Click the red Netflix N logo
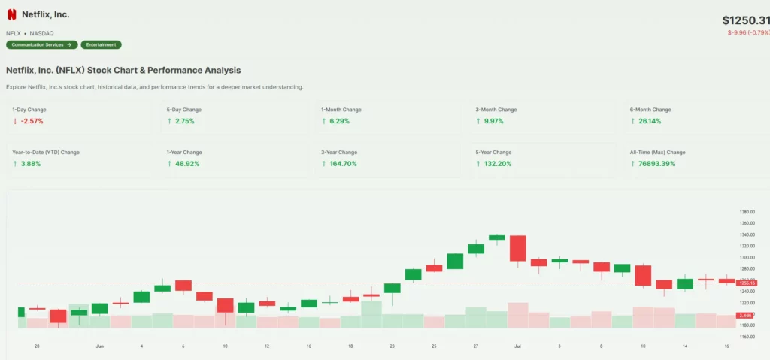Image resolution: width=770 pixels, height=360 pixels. [11, 14]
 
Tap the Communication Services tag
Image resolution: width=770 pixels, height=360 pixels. [41, 44]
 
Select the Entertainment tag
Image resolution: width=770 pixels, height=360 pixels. [101, 44]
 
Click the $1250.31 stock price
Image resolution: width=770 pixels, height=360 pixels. [745, 20]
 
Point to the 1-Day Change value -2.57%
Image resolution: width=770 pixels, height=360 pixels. [33, 121]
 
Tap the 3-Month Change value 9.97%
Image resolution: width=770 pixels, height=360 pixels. [494, 121]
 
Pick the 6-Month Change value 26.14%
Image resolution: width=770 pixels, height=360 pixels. [649, 121]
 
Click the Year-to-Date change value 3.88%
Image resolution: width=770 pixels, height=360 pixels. [31, 163]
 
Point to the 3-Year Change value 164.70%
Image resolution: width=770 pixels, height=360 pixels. [344, 163]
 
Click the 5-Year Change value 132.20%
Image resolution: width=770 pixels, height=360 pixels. [498, 163]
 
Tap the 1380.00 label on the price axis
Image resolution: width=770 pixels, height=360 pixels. [747, 212]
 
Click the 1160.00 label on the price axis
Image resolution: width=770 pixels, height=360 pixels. [747, 337]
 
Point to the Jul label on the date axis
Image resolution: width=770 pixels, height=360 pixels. [517, 346]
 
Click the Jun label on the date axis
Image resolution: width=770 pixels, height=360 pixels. [99, 346]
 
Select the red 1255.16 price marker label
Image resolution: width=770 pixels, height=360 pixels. [747, 283]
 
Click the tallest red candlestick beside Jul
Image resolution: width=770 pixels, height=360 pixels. [517, 248]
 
